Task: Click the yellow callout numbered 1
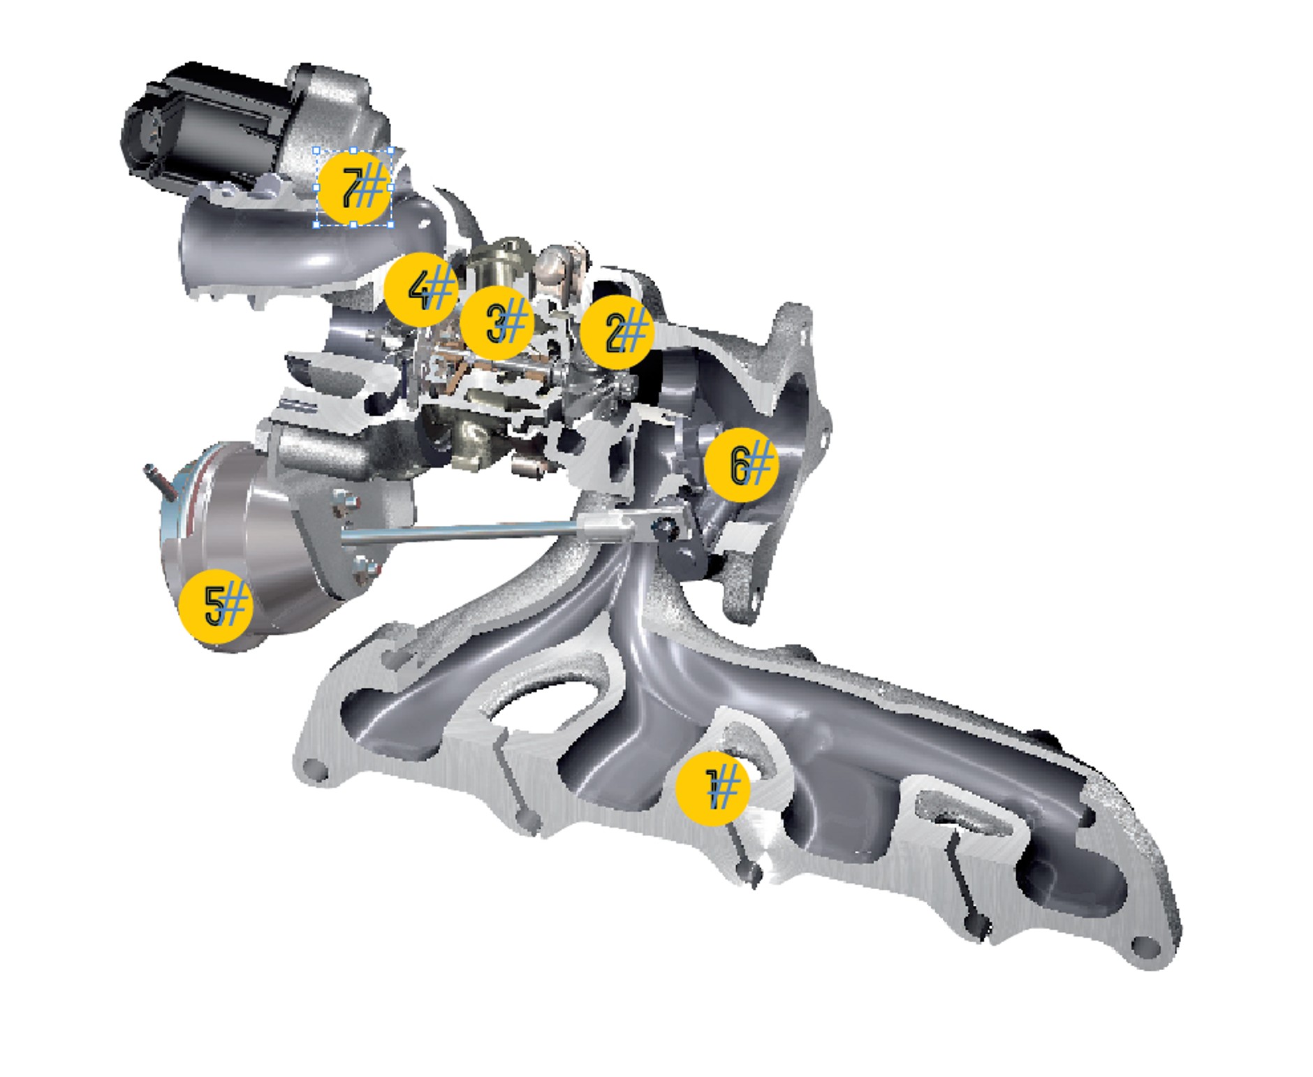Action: click(x=712, y=789)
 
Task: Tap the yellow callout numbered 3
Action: click(x=497, y=323)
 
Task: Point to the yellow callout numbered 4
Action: click(x=421, y=289)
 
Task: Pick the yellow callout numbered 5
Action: click(x=216, y=605)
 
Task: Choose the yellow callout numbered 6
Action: click(x=741, y=464)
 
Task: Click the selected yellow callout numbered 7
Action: click(x=353, y=188)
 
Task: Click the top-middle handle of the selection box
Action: click(x=353, y=150)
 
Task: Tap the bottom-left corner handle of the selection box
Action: click(x=316, y=224)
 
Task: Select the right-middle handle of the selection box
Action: click(x=390, y=187)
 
